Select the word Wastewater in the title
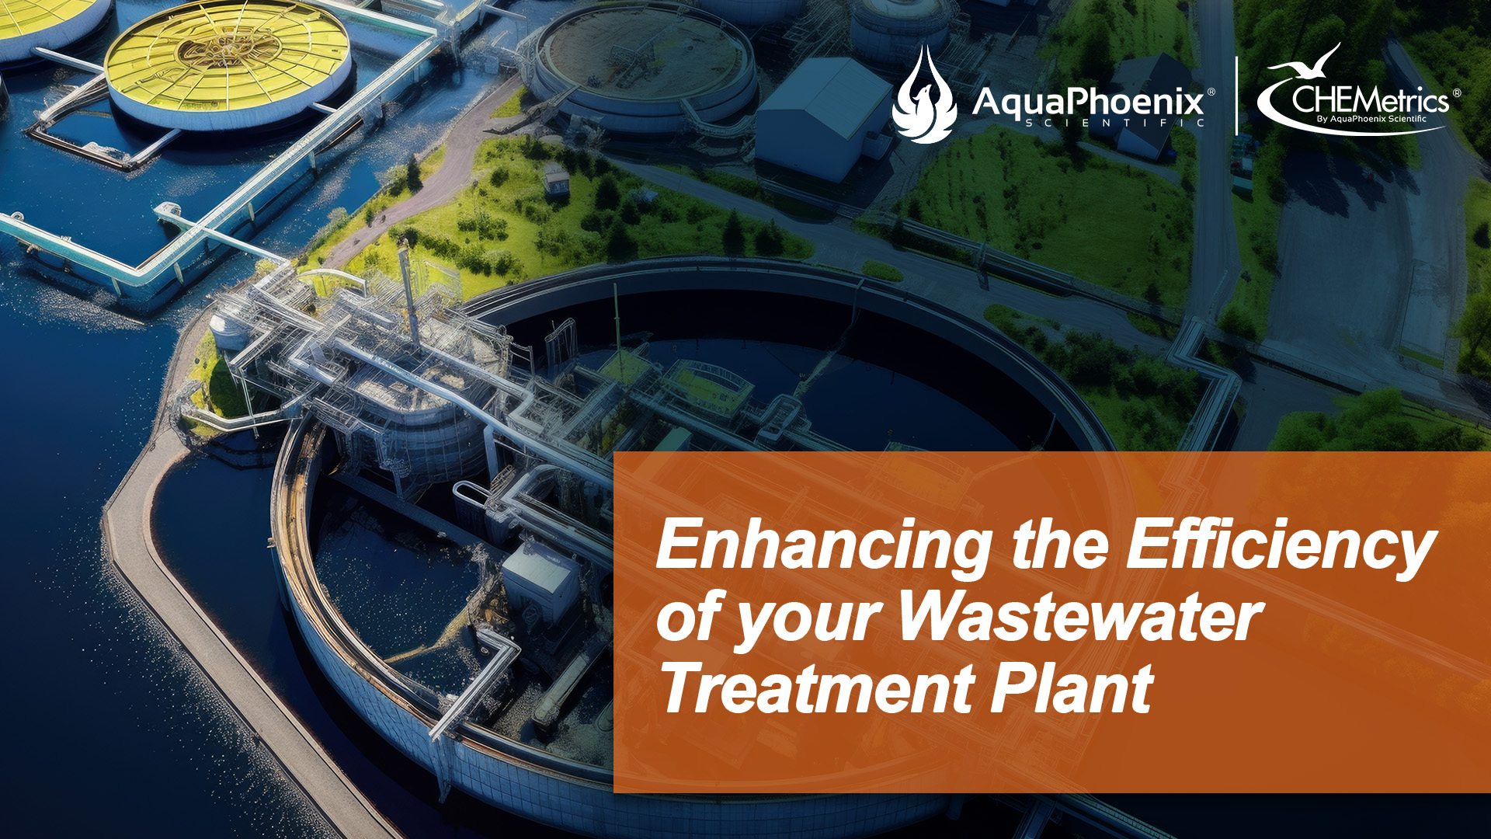pyautogui.click(x=1080, y=617)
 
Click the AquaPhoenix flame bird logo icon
pyautogui.click(x=923, y=95)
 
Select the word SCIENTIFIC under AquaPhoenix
pyautogui.click(x=1115, y=123)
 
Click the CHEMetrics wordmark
pyautogui.click(x=1371, y=99)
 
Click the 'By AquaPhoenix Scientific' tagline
pyautogui.click(x=1371, y=119)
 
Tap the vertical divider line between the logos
pyautogui.click(x=1237, y=96)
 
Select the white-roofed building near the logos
pyautogui.click(x=823, y=117)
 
